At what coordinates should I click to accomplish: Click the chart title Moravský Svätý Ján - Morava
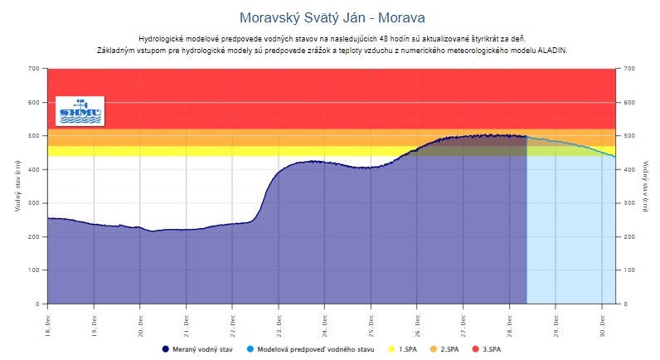click(330, 17)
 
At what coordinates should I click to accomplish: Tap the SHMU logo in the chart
click(80, 112)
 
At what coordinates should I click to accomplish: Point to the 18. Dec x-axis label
click(48, 320)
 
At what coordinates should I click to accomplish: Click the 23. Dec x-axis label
click(279, 320)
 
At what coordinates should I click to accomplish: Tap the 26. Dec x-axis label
click(418, 320)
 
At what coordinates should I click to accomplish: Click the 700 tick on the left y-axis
click(32, 68)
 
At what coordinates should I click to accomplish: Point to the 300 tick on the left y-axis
click(32, 202)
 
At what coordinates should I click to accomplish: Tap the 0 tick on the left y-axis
click(37, 304)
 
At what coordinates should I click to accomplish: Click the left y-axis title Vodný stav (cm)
click(17, 186)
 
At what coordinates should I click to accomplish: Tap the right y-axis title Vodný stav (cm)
click(645, 186)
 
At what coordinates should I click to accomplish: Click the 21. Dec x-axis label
click(187, 320)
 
